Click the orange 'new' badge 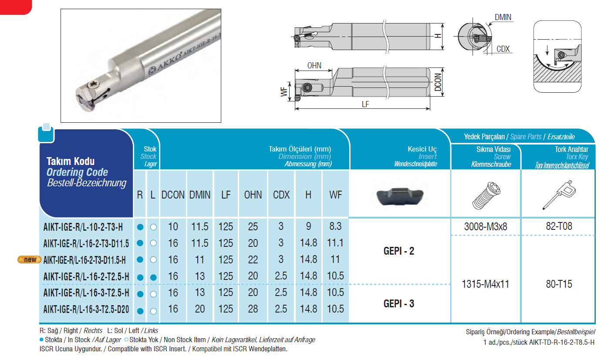[29, 259]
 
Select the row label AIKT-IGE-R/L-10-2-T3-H [83, 227]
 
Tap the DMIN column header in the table [200, 195]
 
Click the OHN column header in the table [253, 195]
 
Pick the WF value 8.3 [335, 226]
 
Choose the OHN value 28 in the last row [253, 309]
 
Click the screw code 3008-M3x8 [486, 226]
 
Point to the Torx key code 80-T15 [559, 284]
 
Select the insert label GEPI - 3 [399, 303]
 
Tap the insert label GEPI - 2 [399, 251]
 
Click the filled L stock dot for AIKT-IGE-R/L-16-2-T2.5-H [153, 277]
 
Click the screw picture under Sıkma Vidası [486, 196]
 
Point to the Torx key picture [559, 195]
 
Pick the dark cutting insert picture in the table [400, 197]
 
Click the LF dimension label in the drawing [365, 104]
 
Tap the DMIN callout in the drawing [503, 17]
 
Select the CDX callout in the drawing [503, 49]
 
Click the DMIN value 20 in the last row [200, 309]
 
